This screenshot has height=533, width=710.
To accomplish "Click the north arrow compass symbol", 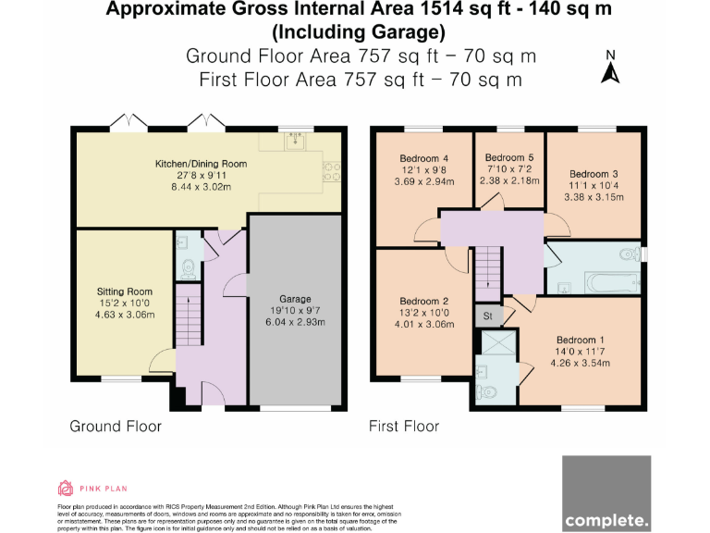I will [x=610, y=68].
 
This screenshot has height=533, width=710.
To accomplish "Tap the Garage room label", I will [x=295, y=299].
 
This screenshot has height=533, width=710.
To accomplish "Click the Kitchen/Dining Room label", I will [x=201, y=164].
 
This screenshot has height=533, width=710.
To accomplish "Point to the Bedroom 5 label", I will [x=509, y=157].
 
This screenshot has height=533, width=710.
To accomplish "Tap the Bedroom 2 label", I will [x=425, y=301].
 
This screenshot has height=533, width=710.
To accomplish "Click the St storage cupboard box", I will [x=487, y=316].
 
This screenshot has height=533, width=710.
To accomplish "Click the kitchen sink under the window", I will [x=296, y=142].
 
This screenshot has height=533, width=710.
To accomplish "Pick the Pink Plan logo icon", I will [x=66, y=489].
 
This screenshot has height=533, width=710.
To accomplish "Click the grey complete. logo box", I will [x=606, y=492].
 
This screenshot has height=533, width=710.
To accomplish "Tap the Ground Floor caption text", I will [x=116, y=427].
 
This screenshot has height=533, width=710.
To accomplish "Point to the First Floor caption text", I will [x=404, y=427].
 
